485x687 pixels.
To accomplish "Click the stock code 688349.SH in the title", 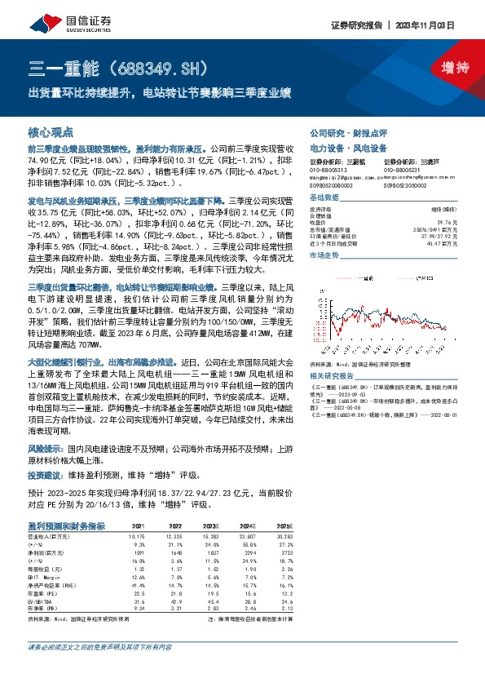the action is click(153, 67).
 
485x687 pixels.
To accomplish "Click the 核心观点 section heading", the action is click(51, 131).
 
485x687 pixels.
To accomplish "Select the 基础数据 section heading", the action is click(326, 198).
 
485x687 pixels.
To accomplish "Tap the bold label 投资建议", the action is click(46, 474).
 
